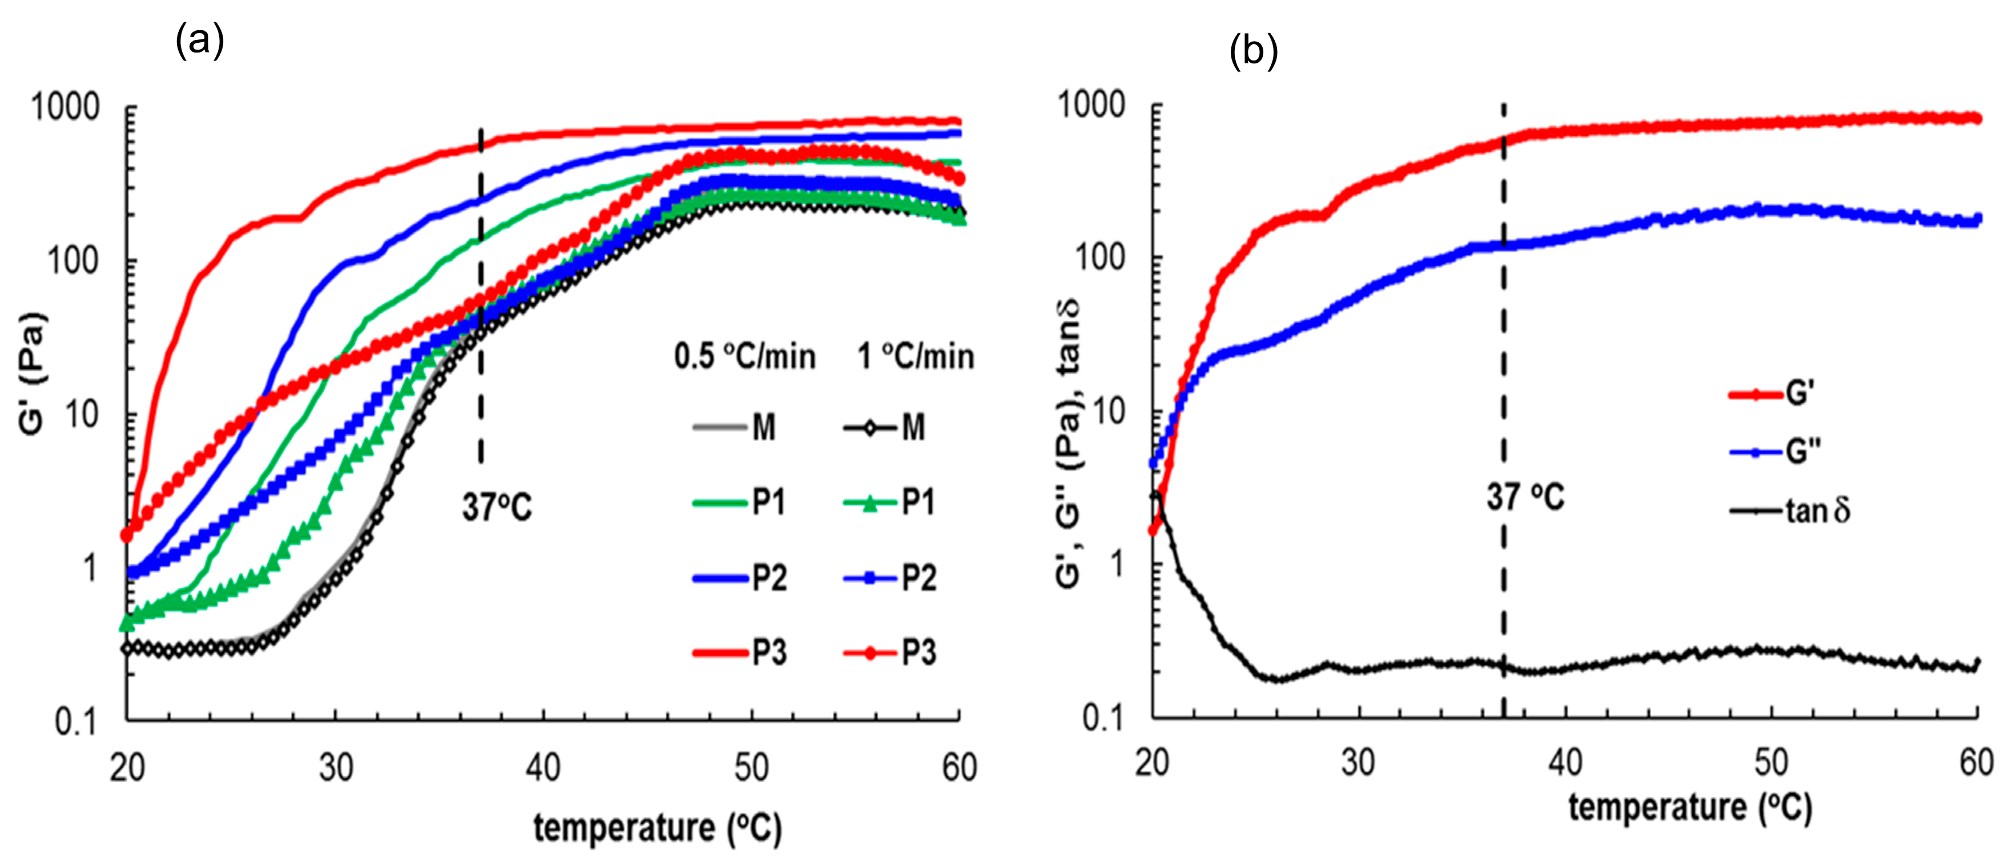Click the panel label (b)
click(1253, 52)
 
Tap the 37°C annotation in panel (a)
click(497, 507)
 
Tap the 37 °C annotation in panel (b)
click(1525, 497)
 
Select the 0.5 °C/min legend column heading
click(744, 357)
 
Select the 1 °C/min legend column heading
click(916, 357)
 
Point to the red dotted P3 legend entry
click(890, 653)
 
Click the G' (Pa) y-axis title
click(33, 374)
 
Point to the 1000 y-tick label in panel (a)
click(66, 107)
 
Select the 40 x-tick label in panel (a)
click(543, 769)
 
